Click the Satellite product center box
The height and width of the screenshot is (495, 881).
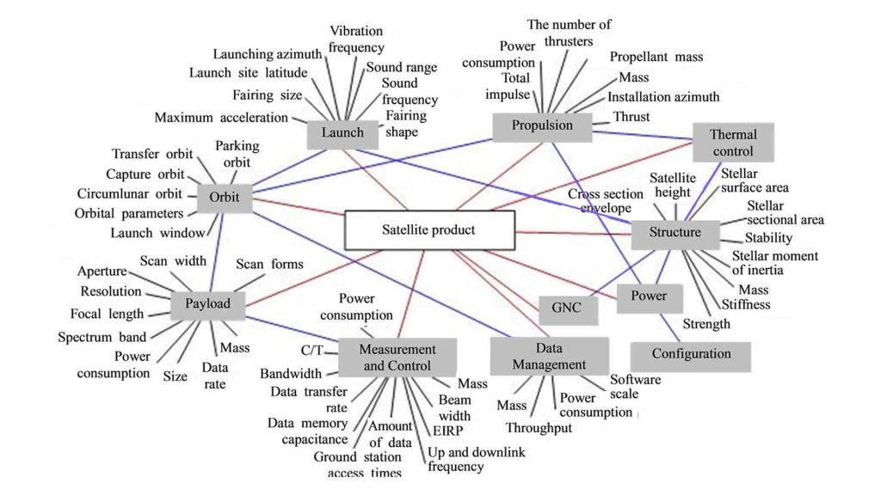428,230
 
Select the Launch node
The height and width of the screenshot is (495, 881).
342,132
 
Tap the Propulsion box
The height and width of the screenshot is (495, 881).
542,125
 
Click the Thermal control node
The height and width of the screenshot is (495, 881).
733,143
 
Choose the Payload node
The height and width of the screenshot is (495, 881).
207,303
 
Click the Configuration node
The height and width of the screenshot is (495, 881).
691,354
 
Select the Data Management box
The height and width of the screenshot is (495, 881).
549,357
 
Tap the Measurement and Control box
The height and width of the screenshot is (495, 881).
397,357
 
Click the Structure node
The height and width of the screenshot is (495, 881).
675,233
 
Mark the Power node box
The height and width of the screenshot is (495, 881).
650,296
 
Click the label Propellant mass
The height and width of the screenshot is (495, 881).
656,57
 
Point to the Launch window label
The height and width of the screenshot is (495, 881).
158,233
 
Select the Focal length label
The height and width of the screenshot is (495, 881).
107,314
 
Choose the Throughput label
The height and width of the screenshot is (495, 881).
539,428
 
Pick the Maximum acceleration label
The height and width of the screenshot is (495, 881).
221,117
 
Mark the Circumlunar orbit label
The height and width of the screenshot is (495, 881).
130,193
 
